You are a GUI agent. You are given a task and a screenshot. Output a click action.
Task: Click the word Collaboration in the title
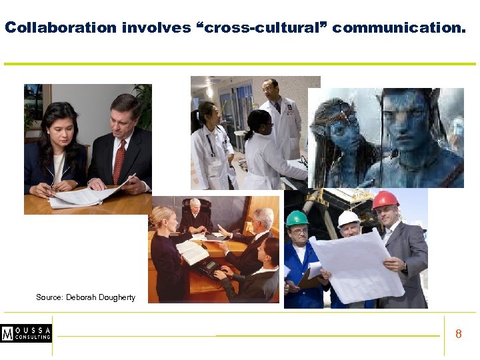[x=61, y=28]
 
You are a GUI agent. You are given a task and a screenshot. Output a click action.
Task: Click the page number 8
[x=458, y=334]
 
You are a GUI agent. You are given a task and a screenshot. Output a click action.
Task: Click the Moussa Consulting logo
[x=26, y=333]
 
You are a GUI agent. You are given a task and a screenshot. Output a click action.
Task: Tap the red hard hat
[x=384, y=199]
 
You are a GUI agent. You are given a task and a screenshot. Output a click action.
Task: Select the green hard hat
[x=297, y=218]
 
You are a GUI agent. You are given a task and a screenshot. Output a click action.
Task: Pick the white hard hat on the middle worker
[x=348, y=218]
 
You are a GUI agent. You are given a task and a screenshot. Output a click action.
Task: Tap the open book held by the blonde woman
[x=191, y=252]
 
